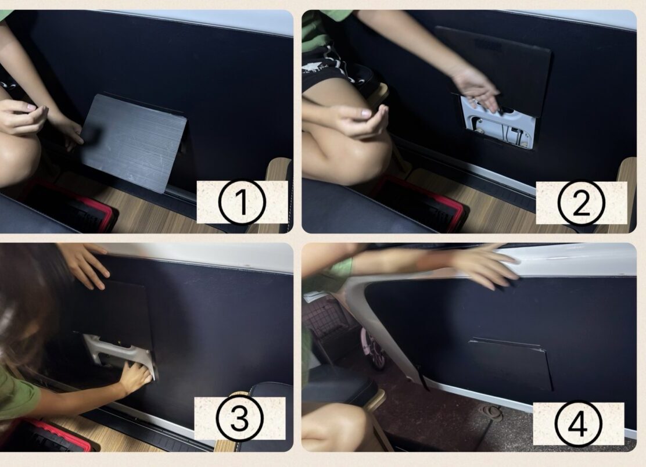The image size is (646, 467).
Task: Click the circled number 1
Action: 242,202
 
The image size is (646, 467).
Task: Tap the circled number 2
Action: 581,203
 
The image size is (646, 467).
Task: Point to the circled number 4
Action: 578,423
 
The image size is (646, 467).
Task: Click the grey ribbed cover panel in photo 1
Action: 133,143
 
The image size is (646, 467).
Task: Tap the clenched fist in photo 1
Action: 23,117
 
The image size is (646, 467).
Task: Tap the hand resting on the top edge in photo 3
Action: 84,264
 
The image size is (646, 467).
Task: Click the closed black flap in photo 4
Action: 511,364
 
